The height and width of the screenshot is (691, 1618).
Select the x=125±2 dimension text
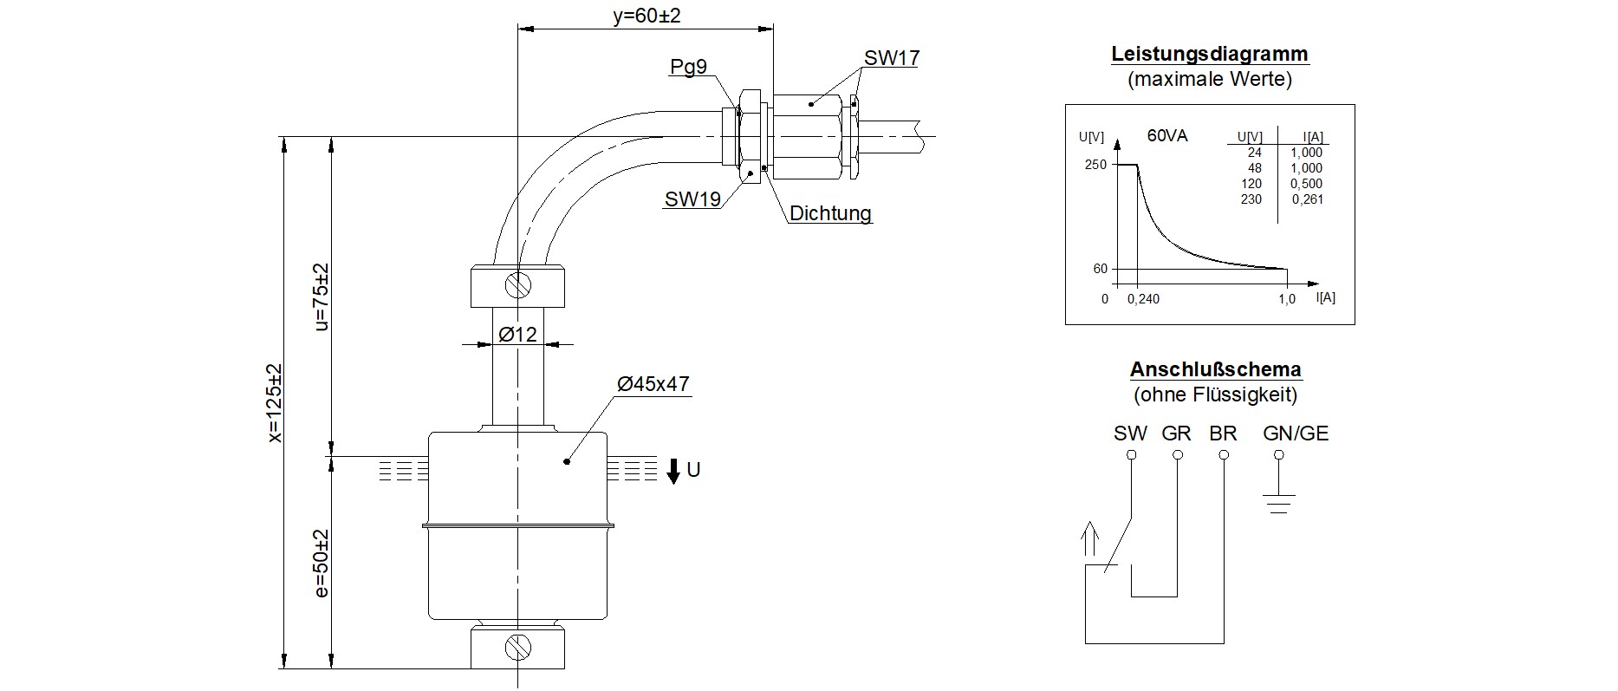[275, 403]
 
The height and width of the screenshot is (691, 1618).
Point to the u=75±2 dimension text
[321, 297]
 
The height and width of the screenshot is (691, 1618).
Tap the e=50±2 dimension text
[321, 564]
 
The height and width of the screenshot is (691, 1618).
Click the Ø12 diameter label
[517, 334]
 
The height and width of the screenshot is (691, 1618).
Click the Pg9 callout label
[688, 67]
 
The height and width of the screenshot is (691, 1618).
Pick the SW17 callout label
[891, 58]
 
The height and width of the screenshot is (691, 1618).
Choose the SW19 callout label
[692, 199]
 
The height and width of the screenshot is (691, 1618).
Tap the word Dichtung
[829, 213]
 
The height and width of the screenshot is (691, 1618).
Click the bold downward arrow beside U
[673, 472]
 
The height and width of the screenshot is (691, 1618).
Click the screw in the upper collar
[518, 284]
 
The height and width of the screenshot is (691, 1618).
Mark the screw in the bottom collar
[518, 646]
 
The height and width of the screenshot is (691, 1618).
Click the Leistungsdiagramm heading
[1210, 54]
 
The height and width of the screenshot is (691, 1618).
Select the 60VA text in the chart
[1166, 135]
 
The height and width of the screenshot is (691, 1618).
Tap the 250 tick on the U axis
[1095, 165]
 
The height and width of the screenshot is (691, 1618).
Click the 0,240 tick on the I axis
[1143, 299]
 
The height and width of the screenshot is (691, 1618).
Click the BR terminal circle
[1223, 454]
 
